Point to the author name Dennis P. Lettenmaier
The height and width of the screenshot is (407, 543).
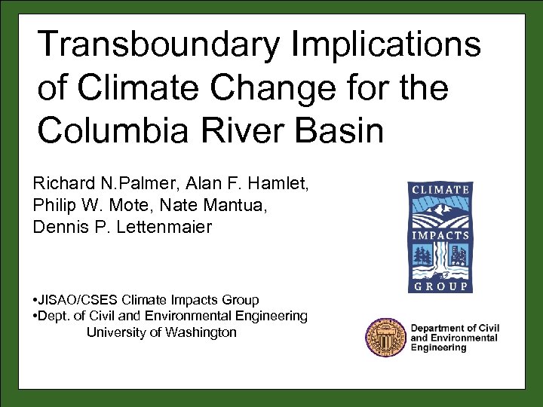click(x=123, y=227)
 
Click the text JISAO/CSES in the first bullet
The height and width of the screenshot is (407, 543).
click(x=75, y=300)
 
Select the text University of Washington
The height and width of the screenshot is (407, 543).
click(x=161, y=332)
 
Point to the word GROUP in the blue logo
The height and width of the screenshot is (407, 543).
click(x=439, y=286)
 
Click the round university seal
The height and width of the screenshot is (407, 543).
click(x=385, y=338)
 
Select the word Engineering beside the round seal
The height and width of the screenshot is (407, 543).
click(x=438, y=348)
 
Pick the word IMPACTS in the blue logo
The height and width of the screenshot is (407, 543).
click(x=439, y=235)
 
